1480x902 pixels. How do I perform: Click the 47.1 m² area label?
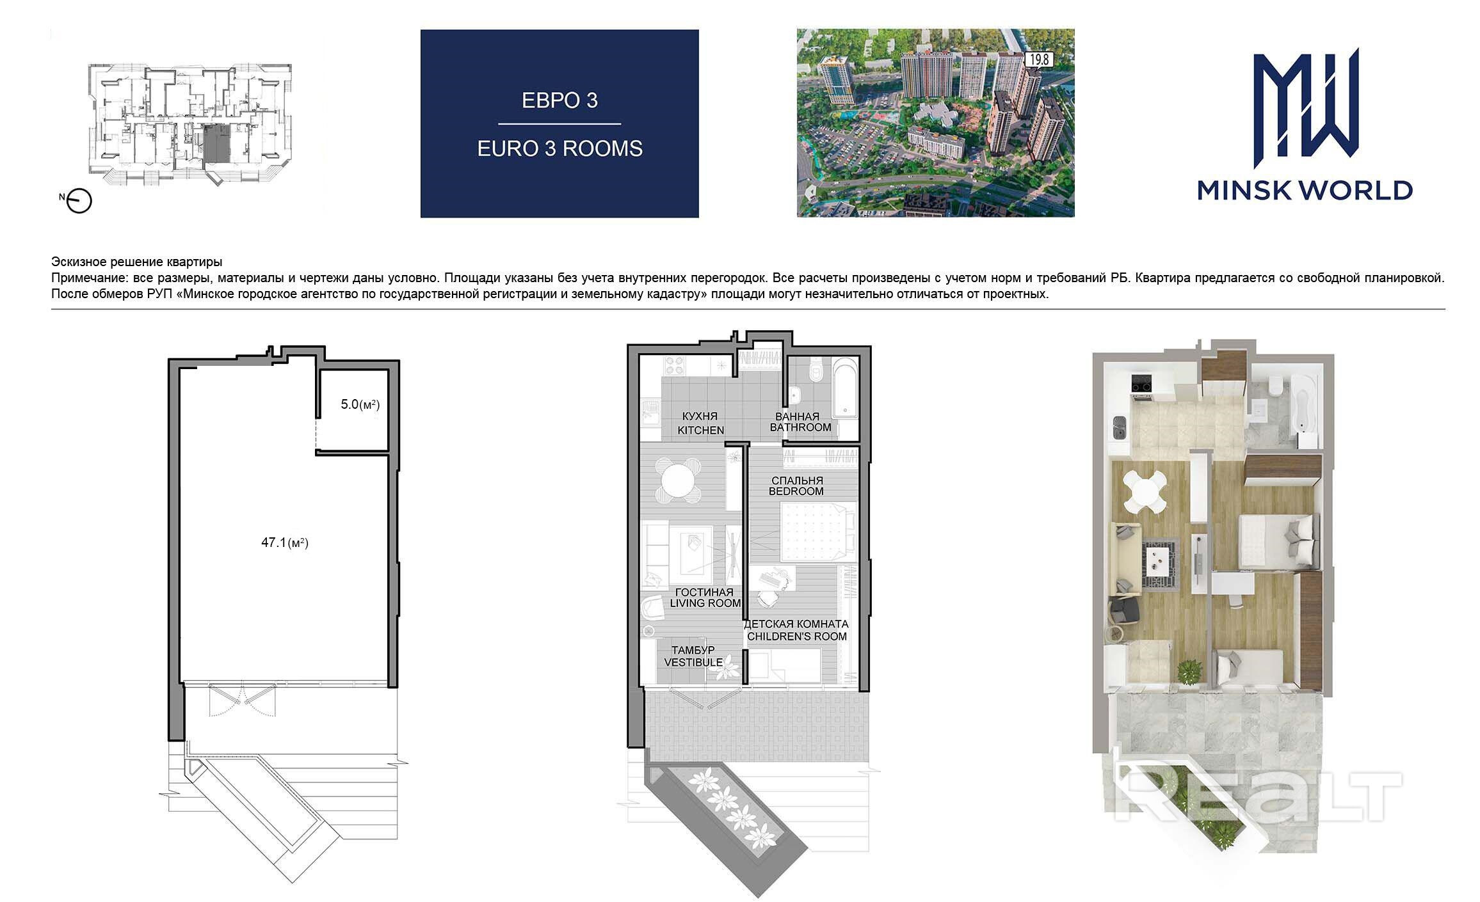coord(285,543)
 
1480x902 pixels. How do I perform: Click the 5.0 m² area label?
coord(360,404)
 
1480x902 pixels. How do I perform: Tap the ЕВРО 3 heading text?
coord(559,100)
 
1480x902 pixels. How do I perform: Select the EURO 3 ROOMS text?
coord(559,148)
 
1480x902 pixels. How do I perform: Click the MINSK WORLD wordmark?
coord(1305,190)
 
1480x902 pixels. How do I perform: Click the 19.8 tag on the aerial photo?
coord(1039,60)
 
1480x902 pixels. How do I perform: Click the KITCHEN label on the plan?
coord(701,431)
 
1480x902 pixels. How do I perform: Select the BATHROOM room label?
coord(800,427)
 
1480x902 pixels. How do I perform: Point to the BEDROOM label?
coord(796,491)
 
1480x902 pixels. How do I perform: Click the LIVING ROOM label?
coord(705,603)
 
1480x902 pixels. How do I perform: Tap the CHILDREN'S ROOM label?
coord(797,637)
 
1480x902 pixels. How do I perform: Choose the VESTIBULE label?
coord(693,662)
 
